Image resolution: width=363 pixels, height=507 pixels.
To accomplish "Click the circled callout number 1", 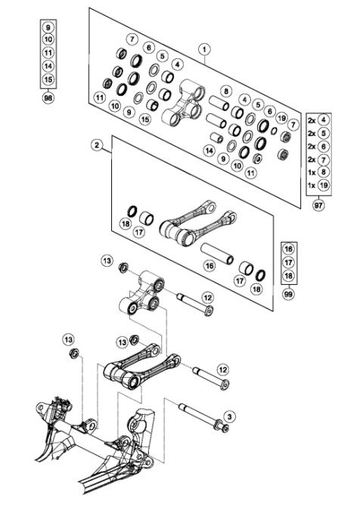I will point(203,49).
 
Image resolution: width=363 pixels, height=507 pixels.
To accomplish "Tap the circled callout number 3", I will point(231,415).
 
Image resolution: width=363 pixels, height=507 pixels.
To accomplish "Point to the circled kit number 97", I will point(319,205).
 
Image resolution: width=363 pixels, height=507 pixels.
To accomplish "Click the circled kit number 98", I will point(48,99).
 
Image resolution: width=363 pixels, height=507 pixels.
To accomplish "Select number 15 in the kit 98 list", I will point(48,79).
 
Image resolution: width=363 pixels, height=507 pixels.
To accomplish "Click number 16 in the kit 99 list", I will point(287,249).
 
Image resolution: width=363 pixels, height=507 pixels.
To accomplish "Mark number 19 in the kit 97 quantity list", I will point(324,185).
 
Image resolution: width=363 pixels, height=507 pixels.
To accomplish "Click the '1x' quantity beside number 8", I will point(311,172).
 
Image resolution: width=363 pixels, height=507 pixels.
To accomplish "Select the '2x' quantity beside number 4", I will point(311,119).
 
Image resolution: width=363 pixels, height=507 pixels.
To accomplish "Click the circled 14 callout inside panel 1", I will point(209,150).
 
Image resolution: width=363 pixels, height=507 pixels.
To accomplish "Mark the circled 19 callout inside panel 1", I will point(281,118).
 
